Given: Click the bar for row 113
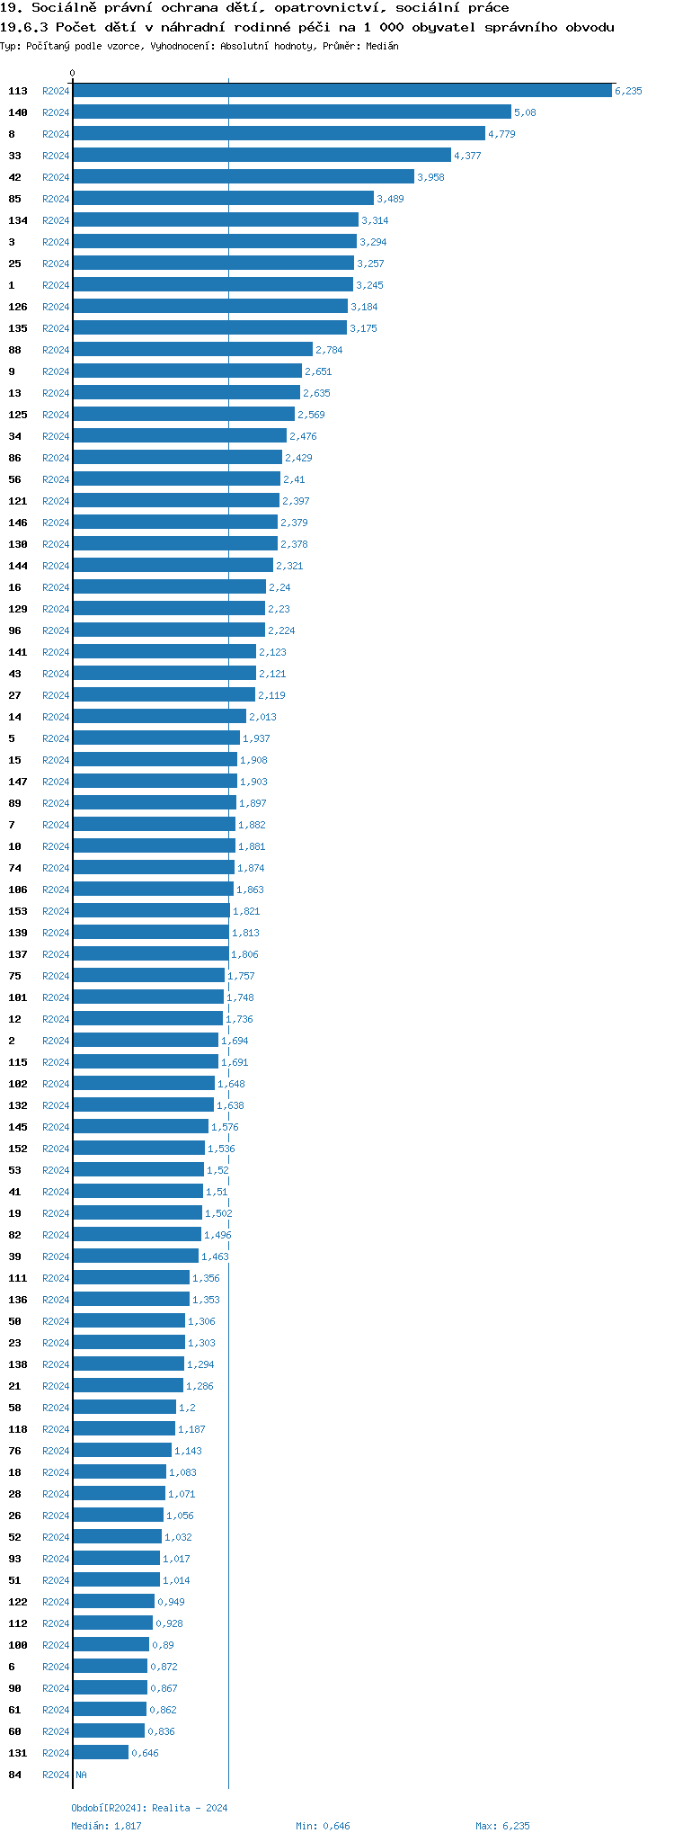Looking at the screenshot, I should tap(341, 91).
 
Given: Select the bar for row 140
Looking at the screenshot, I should tap(291, 112).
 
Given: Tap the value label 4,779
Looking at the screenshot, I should tap(501, 134).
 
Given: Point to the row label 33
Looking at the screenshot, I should tap(14, 156).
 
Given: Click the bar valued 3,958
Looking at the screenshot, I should tap(243, 177).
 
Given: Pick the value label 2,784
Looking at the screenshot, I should tap(329, 350).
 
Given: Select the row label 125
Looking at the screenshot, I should tap(18, 415).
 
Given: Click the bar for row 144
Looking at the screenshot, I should tap(173, 566).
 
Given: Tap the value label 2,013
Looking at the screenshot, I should tap(262, 717).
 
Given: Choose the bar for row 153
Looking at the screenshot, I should tap(151, 911).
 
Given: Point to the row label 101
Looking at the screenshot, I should tap(18, 997).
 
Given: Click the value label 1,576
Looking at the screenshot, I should tap(225, 1127).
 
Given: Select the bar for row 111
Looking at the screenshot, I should tap(131, 1278).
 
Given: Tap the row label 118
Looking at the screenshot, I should tap(18, 1429).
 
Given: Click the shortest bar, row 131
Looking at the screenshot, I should tap(101, 1753).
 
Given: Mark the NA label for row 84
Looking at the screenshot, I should tap(81, 1775).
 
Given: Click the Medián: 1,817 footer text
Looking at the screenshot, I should tap(106, 1826).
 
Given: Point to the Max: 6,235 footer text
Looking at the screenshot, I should tap(502, 1826).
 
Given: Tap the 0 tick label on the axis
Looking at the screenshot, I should tap(73, 73).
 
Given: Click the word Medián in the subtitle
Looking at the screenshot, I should tap(382, 46).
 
